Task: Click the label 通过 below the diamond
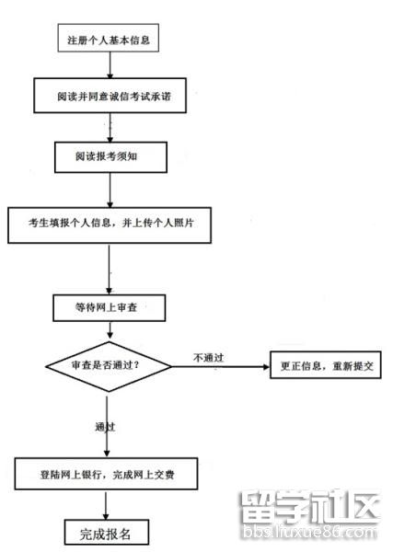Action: click(x=105, y=427)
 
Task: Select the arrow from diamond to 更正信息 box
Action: click(x=219, y=365)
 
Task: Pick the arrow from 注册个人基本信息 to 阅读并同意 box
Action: click(x=110, y=67)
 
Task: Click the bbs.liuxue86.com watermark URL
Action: click(x=309, y=533)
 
